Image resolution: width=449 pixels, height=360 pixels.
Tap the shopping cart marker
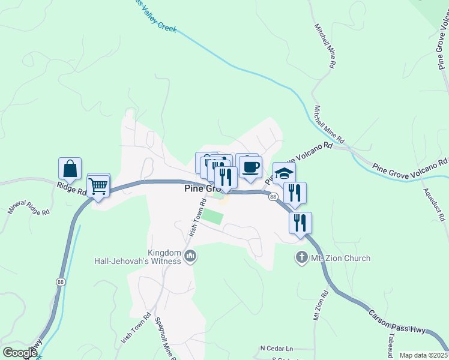(98, 186)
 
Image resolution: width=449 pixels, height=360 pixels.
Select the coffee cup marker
(250, 166)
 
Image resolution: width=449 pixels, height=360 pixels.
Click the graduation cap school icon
(284, 173)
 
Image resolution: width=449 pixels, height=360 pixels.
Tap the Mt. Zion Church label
(340, 258)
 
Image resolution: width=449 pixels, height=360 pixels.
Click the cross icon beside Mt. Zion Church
(302, 258)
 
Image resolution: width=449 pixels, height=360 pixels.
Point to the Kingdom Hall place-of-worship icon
(191, 257)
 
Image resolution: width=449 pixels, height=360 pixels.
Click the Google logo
(19, 353)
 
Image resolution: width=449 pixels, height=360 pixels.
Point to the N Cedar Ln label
(277, 348)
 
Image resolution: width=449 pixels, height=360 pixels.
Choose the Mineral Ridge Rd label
(28, 203)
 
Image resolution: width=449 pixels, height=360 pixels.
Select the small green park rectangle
(211, 216)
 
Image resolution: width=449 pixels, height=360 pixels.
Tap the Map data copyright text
(424, 355)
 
